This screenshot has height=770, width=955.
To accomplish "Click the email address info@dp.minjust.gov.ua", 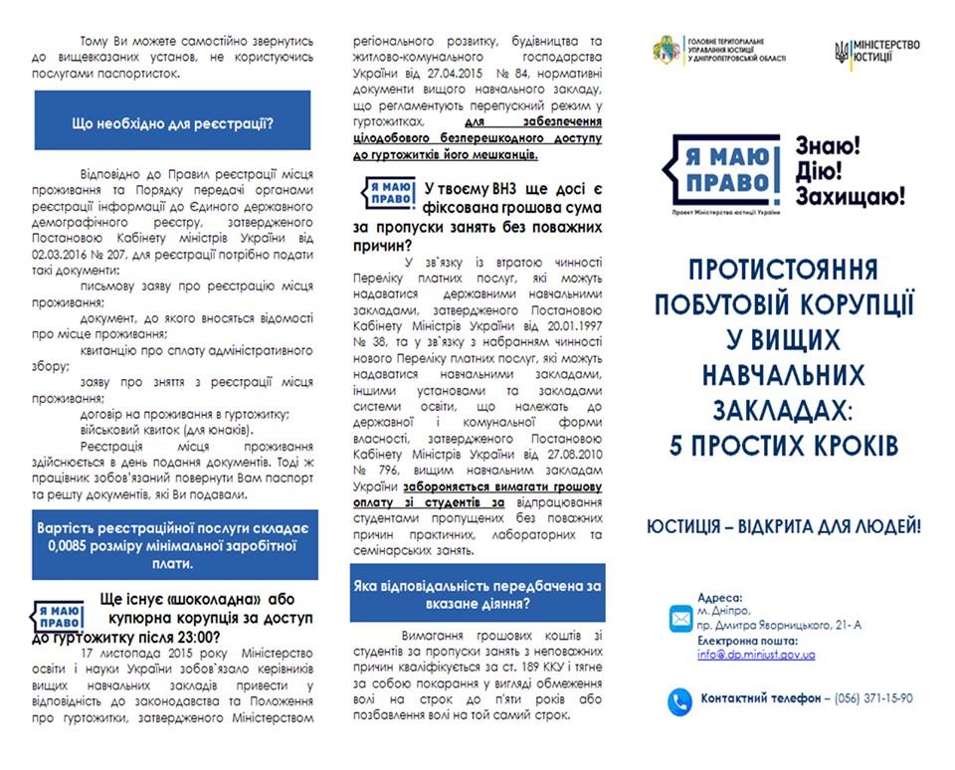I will tap(756, 655).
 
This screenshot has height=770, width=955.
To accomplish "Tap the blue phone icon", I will tap(680, 699).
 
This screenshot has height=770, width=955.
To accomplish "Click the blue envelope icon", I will tap(680, 619).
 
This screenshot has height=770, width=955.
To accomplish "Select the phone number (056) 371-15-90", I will tap(873, 699).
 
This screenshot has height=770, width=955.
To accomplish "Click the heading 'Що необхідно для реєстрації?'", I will tap(173, 124).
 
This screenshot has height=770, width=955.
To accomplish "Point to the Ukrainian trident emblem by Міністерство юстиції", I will tap(842, 52).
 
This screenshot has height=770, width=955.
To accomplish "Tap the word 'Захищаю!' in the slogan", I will tap(851, 196).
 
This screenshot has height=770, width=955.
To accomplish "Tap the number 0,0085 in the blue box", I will tap(75, 545).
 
